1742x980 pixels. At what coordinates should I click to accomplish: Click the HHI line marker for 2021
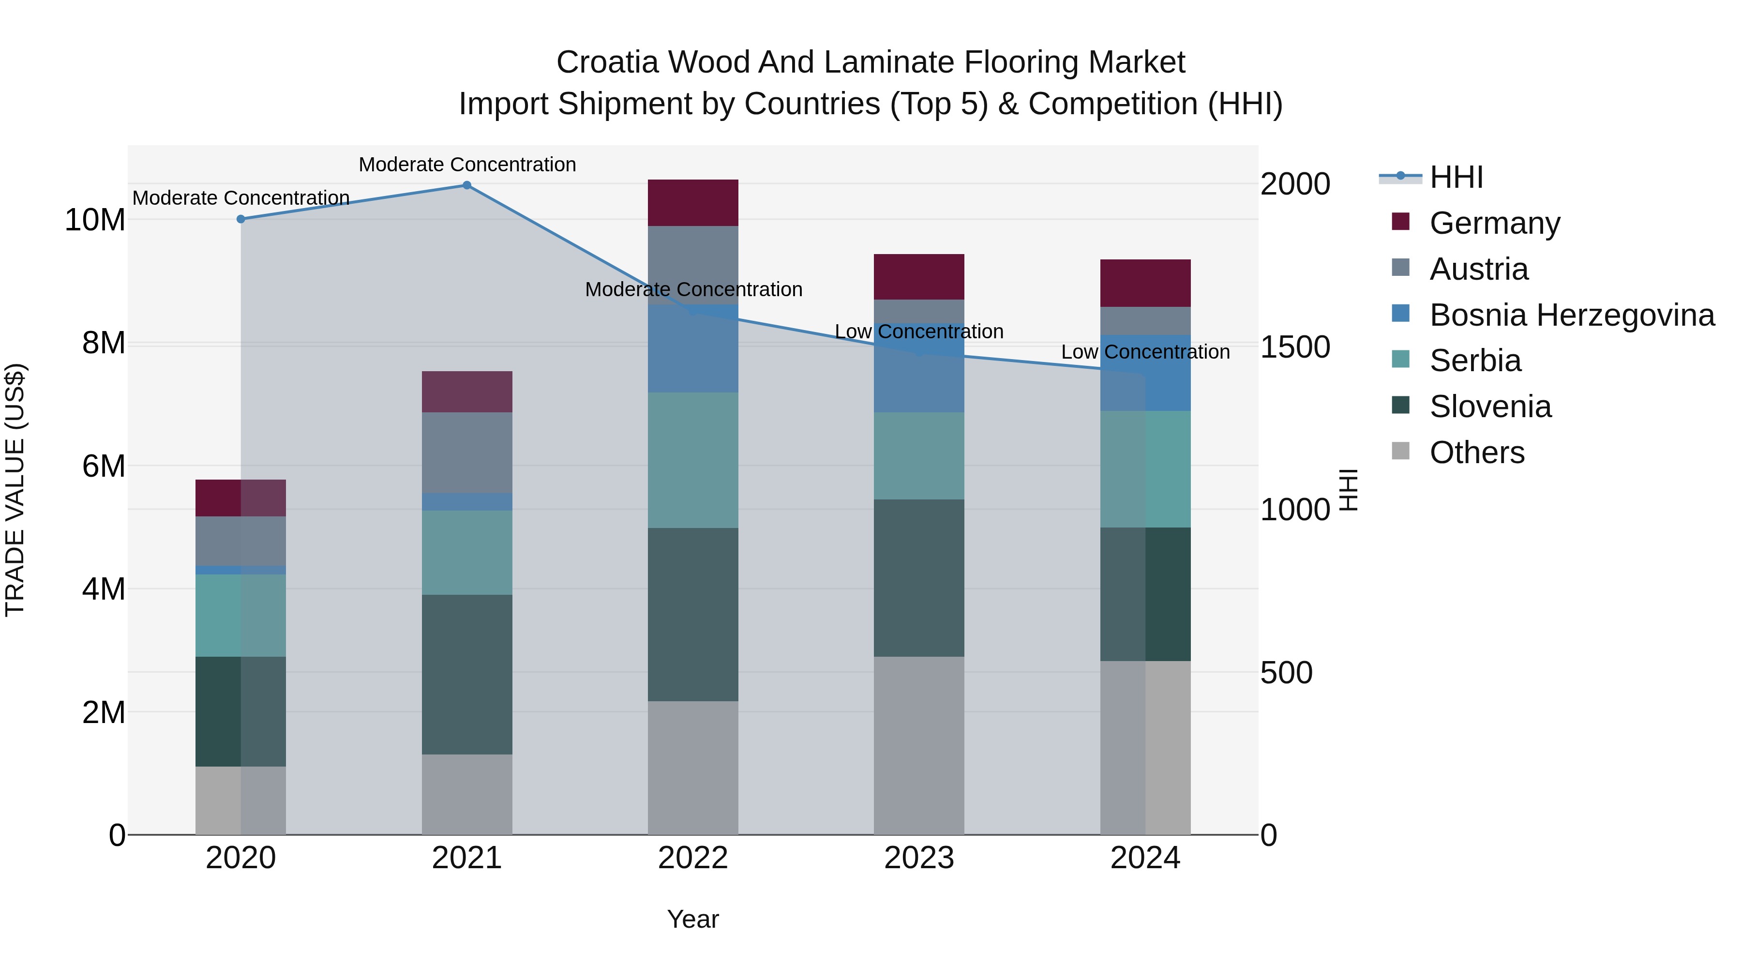pyautogui.click(x=466, y=185)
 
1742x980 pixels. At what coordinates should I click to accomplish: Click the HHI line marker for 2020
pyautogui.click(x=241, y=219)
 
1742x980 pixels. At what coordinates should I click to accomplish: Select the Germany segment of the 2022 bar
pyautogui.click(x=692, y=203)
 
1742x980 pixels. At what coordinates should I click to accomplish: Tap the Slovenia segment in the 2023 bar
pyautogui.click(x=918, y=578)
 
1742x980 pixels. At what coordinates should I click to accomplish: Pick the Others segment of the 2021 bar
pyautogui.click(x=466, y=794)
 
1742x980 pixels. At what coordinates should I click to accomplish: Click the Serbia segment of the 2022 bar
pyautogui.click(x=692, y=460)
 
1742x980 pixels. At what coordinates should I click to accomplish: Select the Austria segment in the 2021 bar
pyautogui.click(x=466, y=452)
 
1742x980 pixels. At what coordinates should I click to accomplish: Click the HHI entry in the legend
pyautogui.click(x=1456, y=177)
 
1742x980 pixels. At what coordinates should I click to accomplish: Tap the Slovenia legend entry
pyautogui.click(x=1490, y=407)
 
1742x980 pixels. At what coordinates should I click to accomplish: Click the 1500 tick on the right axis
pyautogui.click(x=1295, y=347)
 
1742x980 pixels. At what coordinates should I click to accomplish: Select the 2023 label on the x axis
pyautogui.click(x=918, y=858)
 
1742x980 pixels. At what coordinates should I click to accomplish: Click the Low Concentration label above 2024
pyautogui.click(x=1145, y=352)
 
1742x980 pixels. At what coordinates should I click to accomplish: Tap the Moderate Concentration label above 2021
pyautogui.click(x=466, y=165)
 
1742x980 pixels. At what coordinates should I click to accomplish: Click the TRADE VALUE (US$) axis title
pyautogui.click(x=15, y=490)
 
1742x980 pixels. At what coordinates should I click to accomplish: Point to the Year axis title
pyautogui.click(x=692, y=919)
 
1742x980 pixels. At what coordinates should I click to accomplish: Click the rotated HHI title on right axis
pyautogui.click(x=1349, y=490)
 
